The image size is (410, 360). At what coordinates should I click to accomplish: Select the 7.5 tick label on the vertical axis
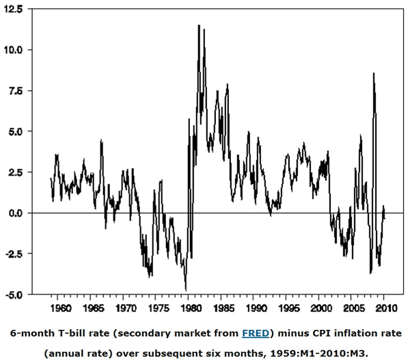click(x=15, y=91)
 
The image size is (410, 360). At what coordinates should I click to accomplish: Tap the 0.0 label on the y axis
click(x=15, y=213)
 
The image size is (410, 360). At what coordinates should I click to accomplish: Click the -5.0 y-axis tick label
click(x=14, y=295)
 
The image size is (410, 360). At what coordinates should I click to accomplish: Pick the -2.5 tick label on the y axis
click(x=14, y=254)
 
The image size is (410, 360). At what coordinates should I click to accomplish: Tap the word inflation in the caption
click(x=349, y=333)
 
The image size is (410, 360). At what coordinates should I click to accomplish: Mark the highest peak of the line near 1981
click(x=199, y=25)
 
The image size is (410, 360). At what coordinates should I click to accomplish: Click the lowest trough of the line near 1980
click(x=186, y=290)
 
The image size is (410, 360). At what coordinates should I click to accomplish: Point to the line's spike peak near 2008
click(x=373, y=73)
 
